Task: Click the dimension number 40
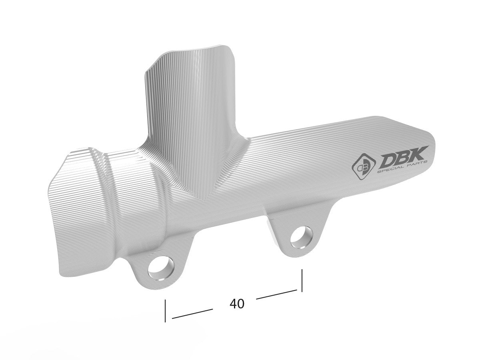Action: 237,304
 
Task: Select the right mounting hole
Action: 301,236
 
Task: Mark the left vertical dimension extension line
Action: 165,310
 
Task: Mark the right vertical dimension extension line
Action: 302,280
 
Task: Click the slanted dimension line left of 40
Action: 192,314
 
